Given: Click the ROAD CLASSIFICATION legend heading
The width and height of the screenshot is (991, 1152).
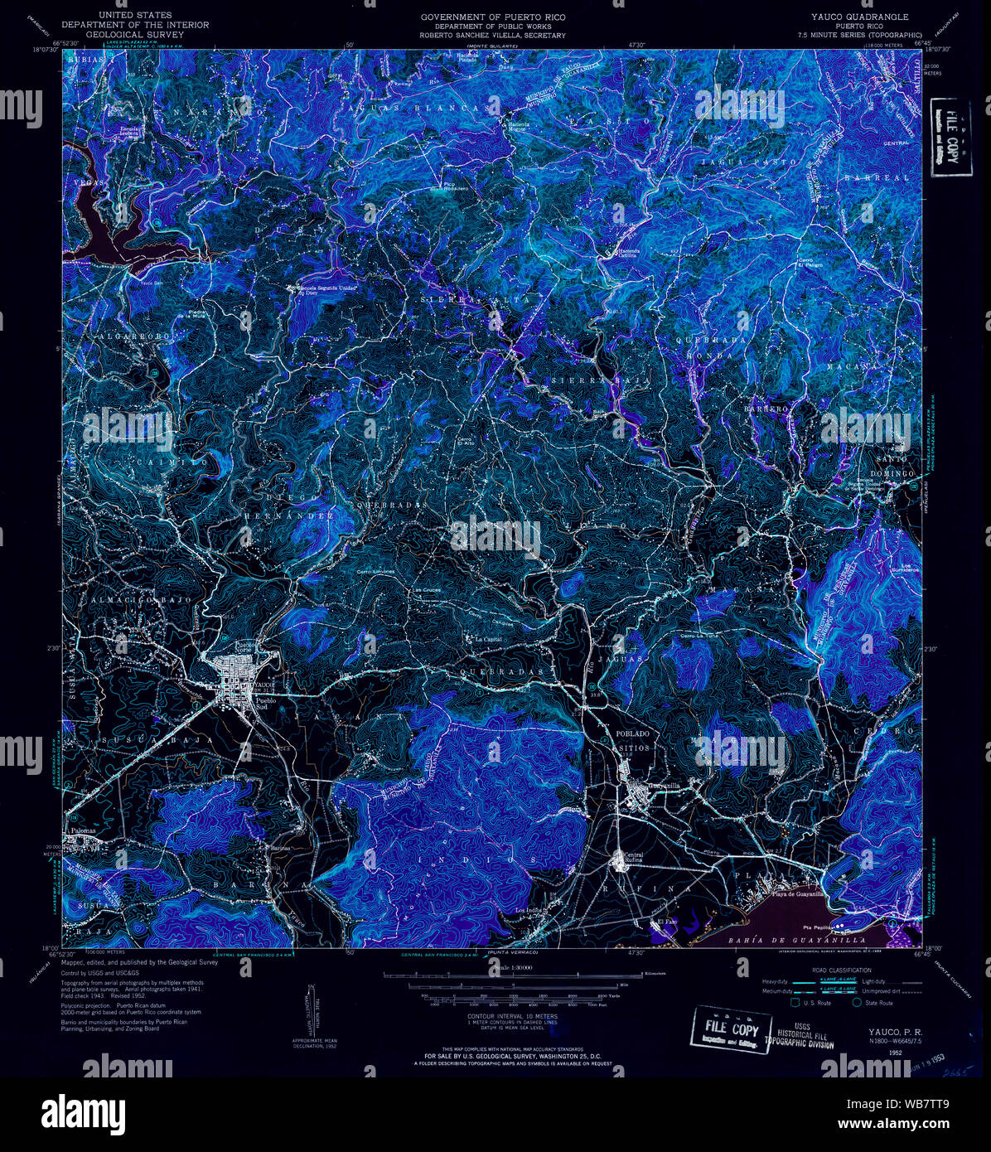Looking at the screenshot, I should [842, 970].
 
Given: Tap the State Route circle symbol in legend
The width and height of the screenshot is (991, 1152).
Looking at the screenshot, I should [858, 1002].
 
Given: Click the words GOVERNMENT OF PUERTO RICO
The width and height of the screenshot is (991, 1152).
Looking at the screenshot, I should [492, 17].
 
